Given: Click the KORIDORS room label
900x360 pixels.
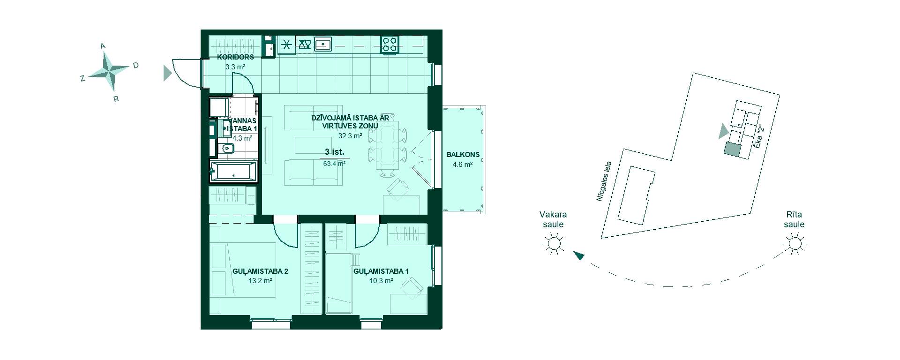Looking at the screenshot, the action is (x=235, y=57).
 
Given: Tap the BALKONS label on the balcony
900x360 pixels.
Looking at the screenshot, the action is (x=463, y=155).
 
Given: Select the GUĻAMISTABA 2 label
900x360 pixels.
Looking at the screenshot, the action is (x=260, y=271).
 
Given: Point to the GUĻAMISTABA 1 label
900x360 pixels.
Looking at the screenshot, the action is (x=381, y=271).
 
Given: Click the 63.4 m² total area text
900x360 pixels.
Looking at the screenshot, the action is (x=335, y=164).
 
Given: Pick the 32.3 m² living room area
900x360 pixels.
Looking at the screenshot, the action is (x=350, y=136).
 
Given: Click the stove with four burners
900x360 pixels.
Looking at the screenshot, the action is (x=390, y=45).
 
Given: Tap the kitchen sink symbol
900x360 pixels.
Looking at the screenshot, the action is (x=323, y=44).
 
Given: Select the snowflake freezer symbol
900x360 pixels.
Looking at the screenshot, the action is (x=287, y=45).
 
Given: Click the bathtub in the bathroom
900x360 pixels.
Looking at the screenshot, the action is (x=233, y=172).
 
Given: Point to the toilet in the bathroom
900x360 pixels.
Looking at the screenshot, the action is (x=226, y=149).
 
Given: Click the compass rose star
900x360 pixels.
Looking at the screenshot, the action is (x=108, y=71).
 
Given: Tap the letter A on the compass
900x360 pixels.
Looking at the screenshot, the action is (x=103, y=46).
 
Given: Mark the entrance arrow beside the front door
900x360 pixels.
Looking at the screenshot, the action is (x=167, y=73).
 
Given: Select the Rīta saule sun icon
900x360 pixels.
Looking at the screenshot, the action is (x=795, y=244).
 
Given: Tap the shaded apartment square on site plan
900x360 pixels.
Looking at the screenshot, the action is (x=731, y=149).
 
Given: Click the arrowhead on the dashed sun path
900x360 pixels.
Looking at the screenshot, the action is (x=579, y=255).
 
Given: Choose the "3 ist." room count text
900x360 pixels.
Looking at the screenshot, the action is (x=335, y=152).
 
